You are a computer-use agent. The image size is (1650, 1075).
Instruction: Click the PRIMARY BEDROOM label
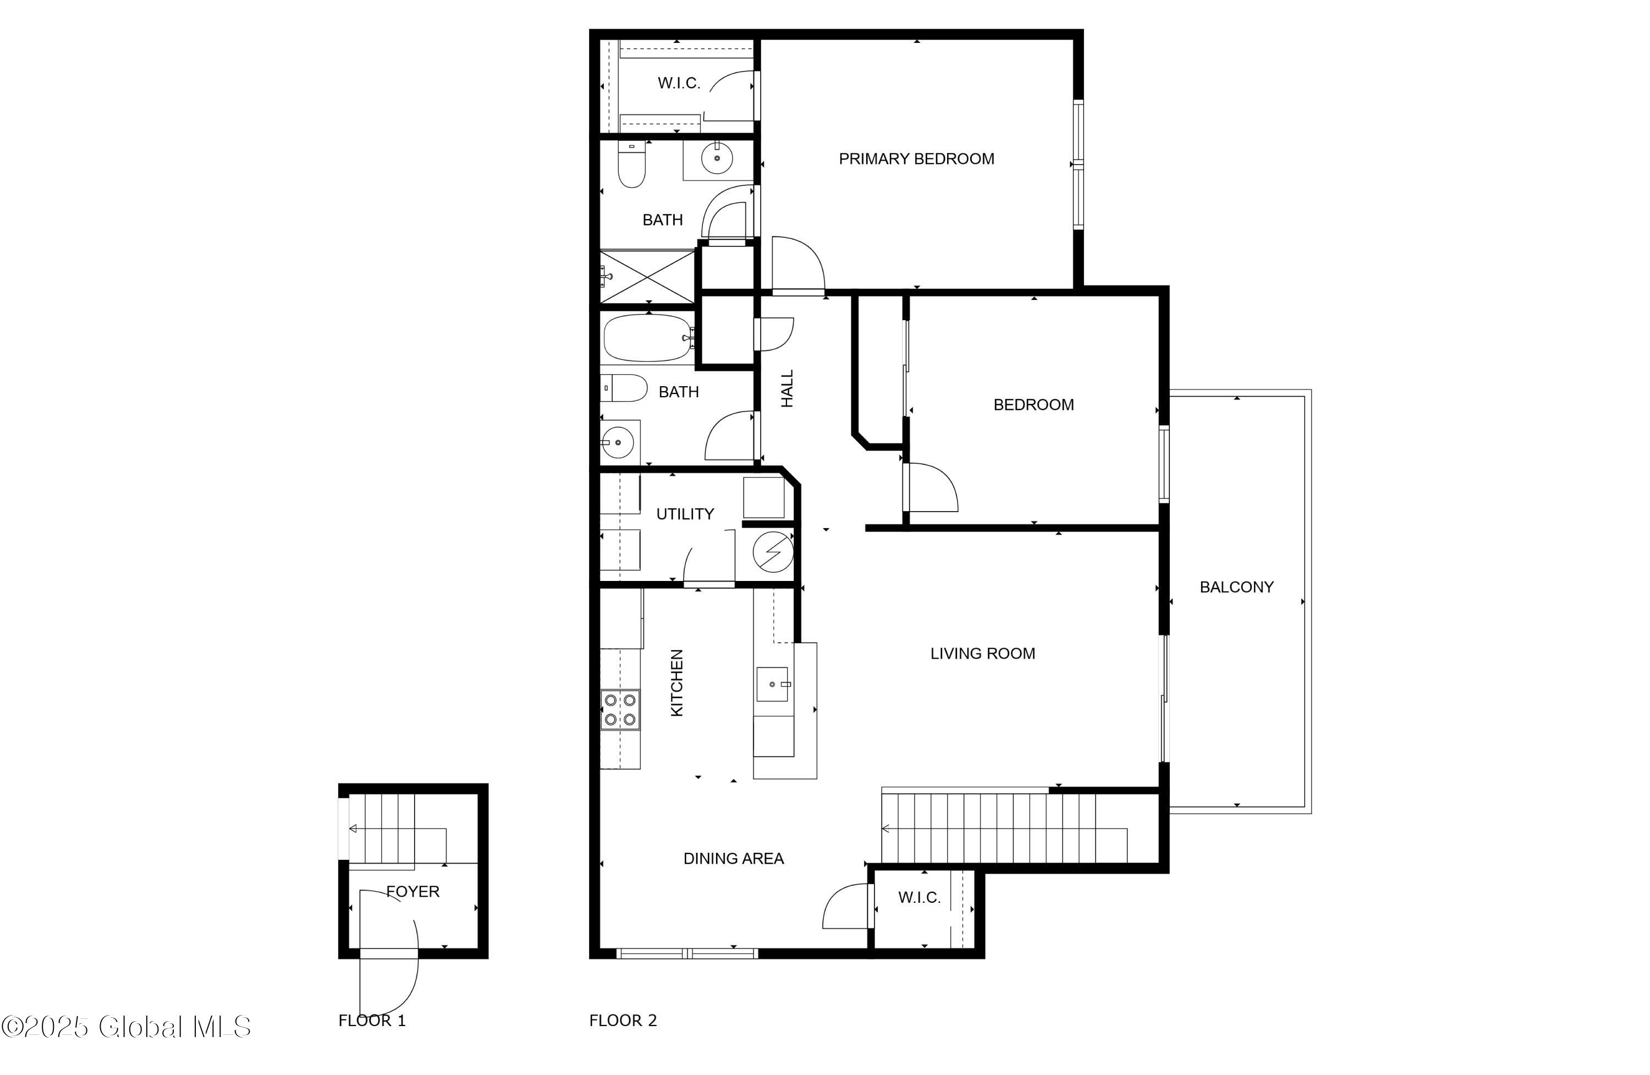tap(916, 159)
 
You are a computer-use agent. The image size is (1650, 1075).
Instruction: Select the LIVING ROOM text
tap(982, 654)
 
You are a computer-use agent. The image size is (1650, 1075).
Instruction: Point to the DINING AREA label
tap(734, 859)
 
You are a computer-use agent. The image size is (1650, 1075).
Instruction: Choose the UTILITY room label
tap(685, 514)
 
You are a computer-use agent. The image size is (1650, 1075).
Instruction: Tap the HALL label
tap(787, 388)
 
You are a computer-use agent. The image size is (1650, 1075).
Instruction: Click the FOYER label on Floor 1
tap(413, 892)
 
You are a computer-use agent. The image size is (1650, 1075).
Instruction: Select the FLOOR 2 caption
tap(623, 1020)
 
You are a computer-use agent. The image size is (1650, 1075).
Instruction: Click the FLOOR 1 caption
tap(372, 1020)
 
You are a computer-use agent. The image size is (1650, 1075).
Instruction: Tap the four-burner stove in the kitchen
tap(620, 710)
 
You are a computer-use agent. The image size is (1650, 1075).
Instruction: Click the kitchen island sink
tap(773, 684)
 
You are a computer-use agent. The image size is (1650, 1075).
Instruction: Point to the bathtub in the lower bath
tap(648, 338)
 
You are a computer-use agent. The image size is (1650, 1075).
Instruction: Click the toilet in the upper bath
tap(631, 164)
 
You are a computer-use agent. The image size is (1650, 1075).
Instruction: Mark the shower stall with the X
tap(647, 277)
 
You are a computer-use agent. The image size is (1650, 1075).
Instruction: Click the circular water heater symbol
tap(772, 552)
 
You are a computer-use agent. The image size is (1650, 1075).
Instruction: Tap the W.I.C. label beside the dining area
tap(919, 897)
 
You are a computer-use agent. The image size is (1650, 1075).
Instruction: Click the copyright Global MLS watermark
tap(125, 1027)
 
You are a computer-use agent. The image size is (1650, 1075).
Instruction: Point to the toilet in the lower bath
tap(624, 388)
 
